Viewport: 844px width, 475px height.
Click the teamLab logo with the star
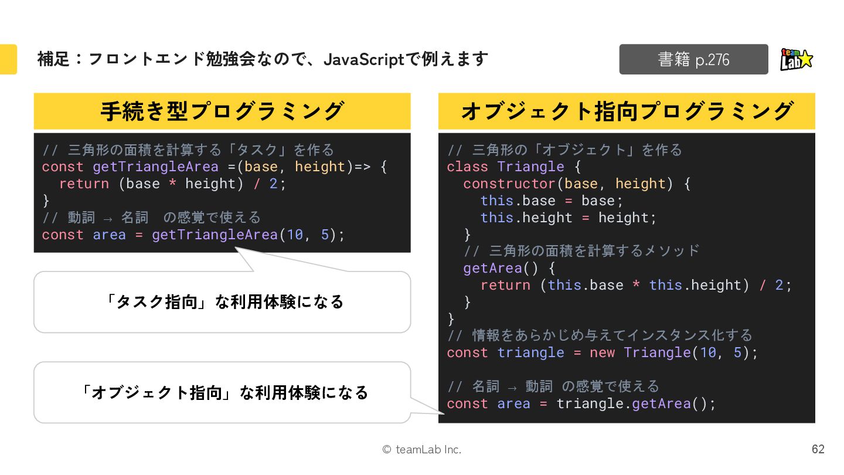coord(797,59)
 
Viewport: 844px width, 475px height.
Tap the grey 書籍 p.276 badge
coord(693,59)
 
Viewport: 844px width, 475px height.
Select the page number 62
coord(818,449)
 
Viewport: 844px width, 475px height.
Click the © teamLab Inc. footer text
coord(421,450)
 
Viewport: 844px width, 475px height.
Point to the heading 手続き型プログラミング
coord(222,111)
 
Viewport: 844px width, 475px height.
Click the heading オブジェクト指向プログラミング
coord(627,111)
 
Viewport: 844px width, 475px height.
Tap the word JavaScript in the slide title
coord(364,59)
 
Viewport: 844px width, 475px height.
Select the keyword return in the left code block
coord(84,184)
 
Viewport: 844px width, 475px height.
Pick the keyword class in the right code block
coord(467,167)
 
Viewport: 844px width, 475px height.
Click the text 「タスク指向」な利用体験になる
coord(222,301)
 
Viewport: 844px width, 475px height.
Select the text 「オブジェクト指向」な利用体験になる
coord(222,392)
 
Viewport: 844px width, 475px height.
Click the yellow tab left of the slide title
coord(8,59)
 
